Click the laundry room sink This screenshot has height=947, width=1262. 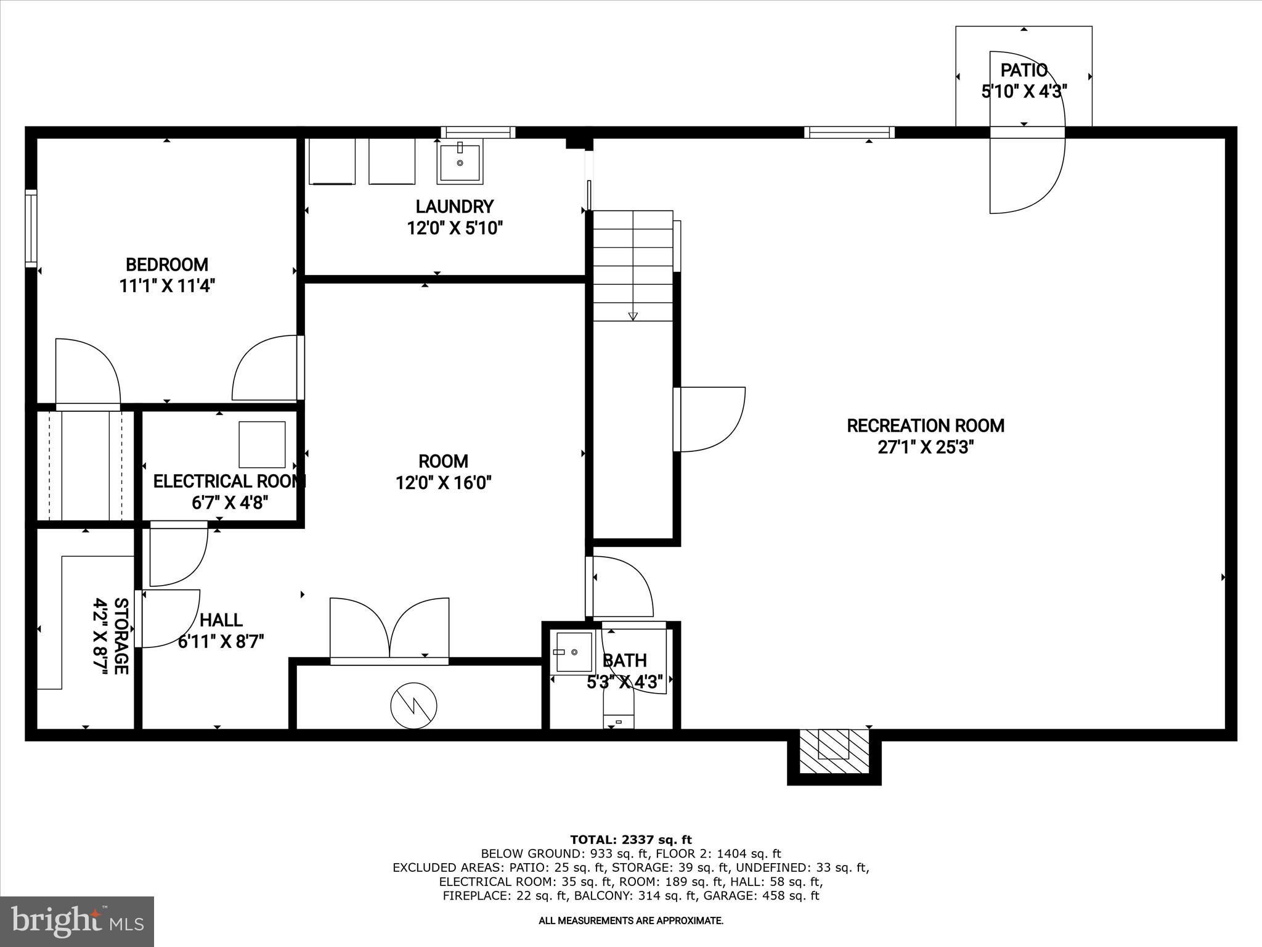[459, 162]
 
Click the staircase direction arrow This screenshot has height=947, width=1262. [633, 316]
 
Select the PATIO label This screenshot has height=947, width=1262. [1024, 70]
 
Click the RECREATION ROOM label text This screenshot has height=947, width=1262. [925, 425]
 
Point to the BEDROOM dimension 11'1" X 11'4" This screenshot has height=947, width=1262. [166, 286]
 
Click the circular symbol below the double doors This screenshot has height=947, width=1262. [413, 705]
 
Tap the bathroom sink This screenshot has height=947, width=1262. [573, 652]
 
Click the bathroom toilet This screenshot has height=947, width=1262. [619, 709]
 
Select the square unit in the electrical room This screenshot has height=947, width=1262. [262, 445]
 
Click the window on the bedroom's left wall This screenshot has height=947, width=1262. [31, 228]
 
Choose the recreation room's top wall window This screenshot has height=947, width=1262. [849, 132]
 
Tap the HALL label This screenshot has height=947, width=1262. [221, 620]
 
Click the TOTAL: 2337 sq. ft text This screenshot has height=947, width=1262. [630, 839]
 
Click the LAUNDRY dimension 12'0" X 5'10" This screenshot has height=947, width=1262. [455, 228]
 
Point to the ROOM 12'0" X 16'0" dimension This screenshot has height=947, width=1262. [443, 483]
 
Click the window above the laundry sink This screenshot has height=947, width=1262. [478, 132]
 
